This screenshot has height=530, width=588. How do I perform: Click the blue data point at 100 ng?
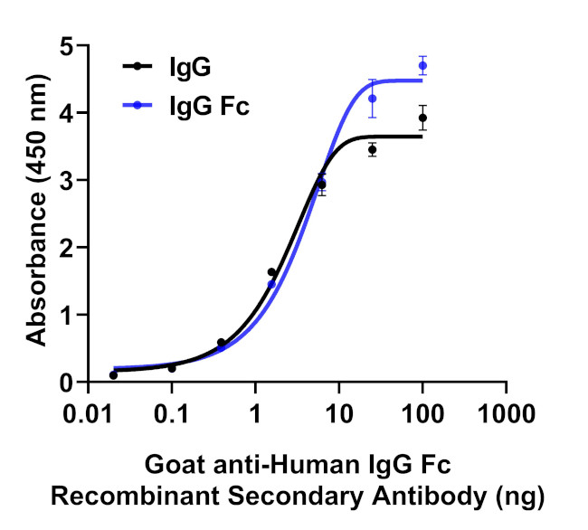[x=422, y=65]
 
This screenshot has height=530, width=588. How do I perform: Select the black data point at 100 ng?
[x=422, y=118]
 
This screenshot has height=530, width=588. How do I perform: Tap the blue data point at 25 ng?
[x=372, y=98]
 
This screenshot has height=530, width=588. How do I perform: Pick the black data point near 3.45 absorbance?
[x=372, y=149]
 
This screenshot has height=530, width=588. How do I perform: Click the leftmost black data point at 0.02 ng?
[x=113, y=374]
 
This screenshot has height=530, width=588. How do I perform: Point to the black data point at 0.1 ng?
[x=172, y=368]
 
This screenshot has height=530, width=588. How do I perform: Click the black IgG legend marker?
[x=138, y=65]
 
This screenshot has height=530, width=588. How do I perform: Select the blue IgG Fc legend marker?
[x=138, y=106]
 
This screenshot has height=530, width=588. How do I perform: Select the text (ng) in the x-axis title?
[x=517, y=496]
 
